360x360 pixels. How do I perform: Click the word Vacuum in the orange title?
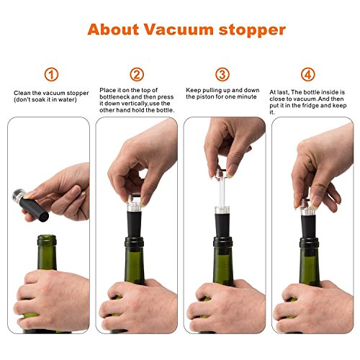tap(179, 30)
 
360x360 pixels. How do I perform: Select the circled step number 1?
tap(51, 75)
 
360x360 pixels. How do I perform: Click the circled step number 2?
tap(137, 75)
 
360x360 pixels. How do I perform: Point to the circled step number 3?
tap(222, 75)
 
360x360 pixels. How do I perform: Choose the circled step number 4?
tap(307, 75)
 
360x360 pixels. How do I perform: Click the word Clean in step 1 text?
tap(22, 93)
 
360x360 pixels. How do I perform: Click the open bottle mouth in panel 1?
tap(47, 238)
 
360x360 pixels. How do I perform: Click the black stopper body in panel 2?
tap(135, 225)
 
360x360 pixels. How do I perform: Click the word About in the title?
tap(114, 30)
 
